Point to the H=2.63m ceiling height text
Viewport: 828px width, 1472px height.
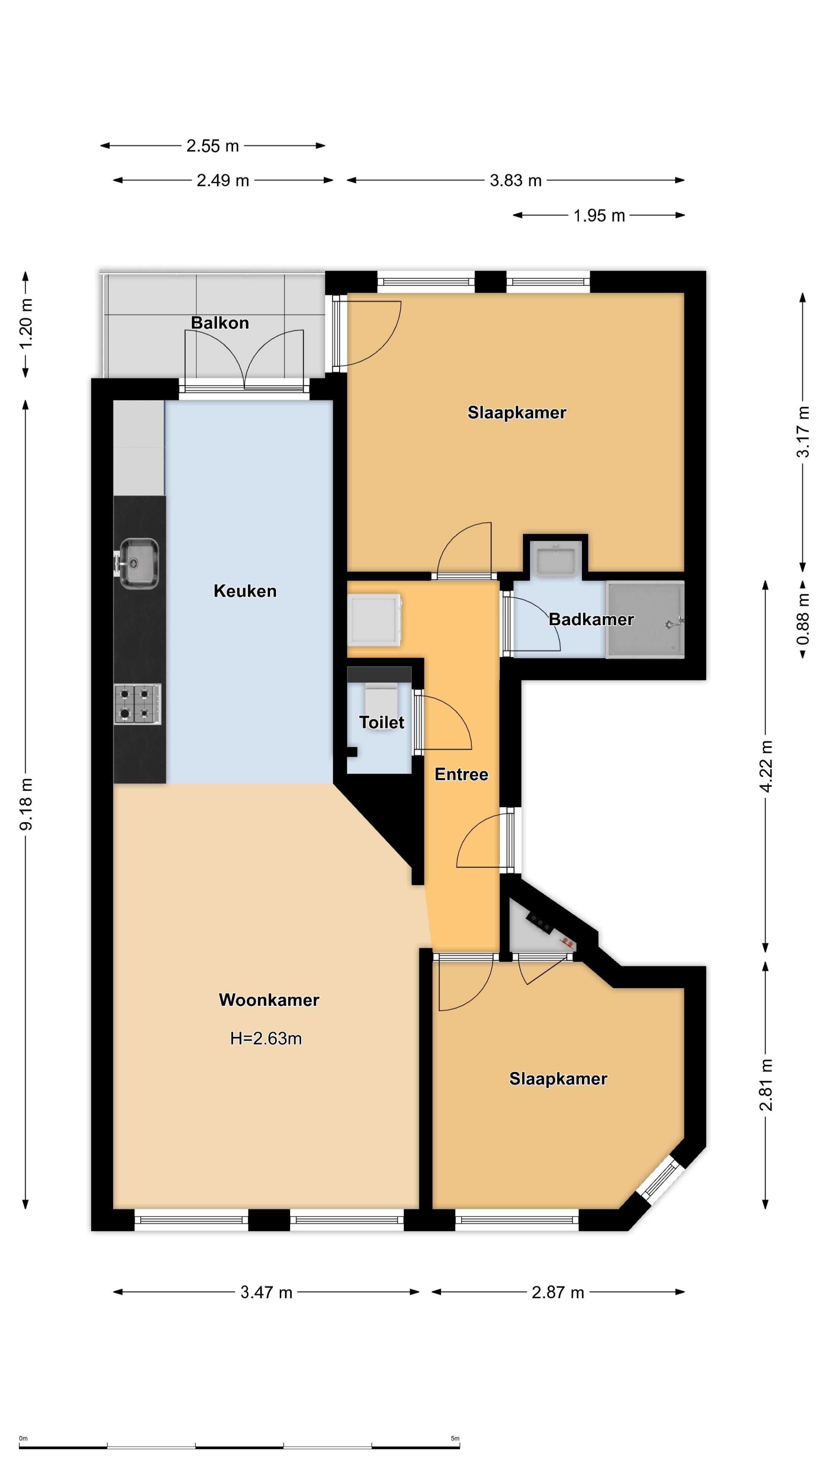(x=266, y=1038)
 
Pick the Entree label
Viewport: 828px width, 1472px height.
(x=461, y=774)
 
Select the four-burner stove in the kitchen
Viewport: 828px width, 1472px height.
(x=138, y=705)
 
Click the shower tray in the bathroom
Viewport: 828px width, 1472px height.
(x=644, y=619)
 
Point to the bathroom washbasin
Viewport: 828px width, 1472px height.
(x=555, y=558)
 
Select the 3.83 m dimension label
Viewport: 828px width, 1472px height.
(x=516, y=181)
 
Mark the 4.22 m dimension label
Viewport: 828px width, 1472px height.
(x=766, y=766)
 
